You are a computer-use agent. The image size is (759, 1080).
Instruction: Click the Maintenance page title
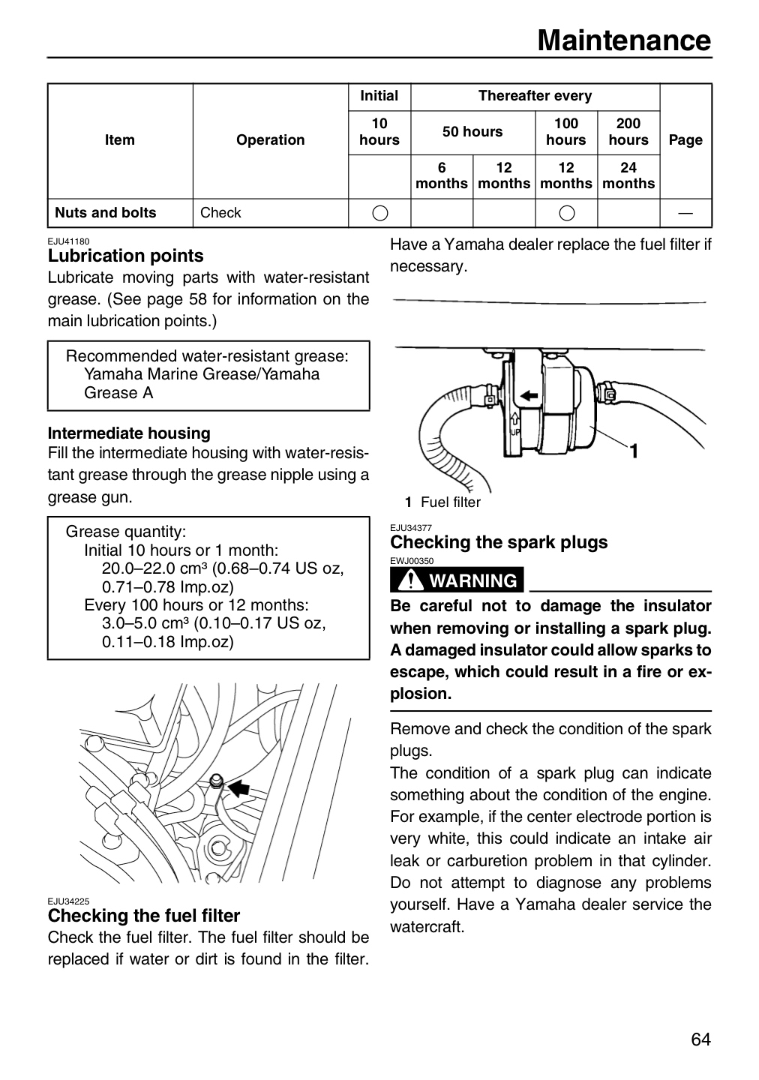click(624, 40)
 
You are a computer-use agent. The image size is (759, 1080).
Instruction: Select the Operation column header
click(271, 139)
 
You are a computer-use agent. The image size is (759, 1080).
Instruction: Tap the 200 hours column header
click(628, 132)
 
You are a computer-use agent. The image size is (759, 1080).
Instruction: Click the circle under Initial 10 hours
click(380, 213)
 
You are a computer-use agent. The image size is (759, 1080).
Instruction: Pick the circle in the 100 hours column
click(566, 213)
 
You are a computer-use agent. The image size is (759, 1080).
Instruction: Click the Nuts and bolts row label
click(106, 213)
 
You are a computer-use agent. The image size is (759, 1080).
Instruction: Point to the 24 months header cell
click(628, 175)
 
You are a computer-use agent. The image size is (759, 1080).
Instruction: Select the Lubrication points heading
click(126, 256)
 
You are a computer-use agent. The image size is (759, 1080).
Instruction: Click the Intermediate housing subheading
click(129, 433)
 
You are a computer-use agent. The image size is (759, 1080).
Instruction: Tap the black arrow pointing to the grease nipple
click(238, 788)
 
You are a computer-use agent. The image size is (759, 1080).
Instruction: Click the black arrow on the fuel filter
click(529, 396)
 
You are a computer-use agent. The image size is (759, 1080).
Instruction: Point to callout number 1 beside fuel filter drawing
click(634, 451)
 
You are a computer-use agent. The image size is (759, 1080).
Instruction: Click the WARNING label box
click(457, 580)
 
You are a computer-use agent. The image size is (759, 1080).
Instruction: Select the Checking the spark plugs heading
click(499, 542)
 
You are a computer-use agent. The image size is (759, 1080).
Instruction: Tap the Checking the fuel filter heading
click(144, 916)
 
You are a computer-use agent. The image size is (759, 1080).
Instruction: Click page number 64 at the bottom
click(700, 1039)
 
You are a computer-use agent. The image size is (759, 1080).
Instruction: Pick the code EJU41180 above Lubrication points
click(68, 241)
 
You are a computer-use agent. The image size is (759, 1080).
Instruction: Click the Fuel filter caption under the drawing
click(451, 502)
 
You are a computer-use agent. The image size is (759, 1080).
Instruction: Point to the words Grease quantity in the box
click(126, 532)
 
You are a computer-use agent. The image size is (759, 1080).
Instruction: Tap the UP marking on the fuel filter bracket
click(515, 433)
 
